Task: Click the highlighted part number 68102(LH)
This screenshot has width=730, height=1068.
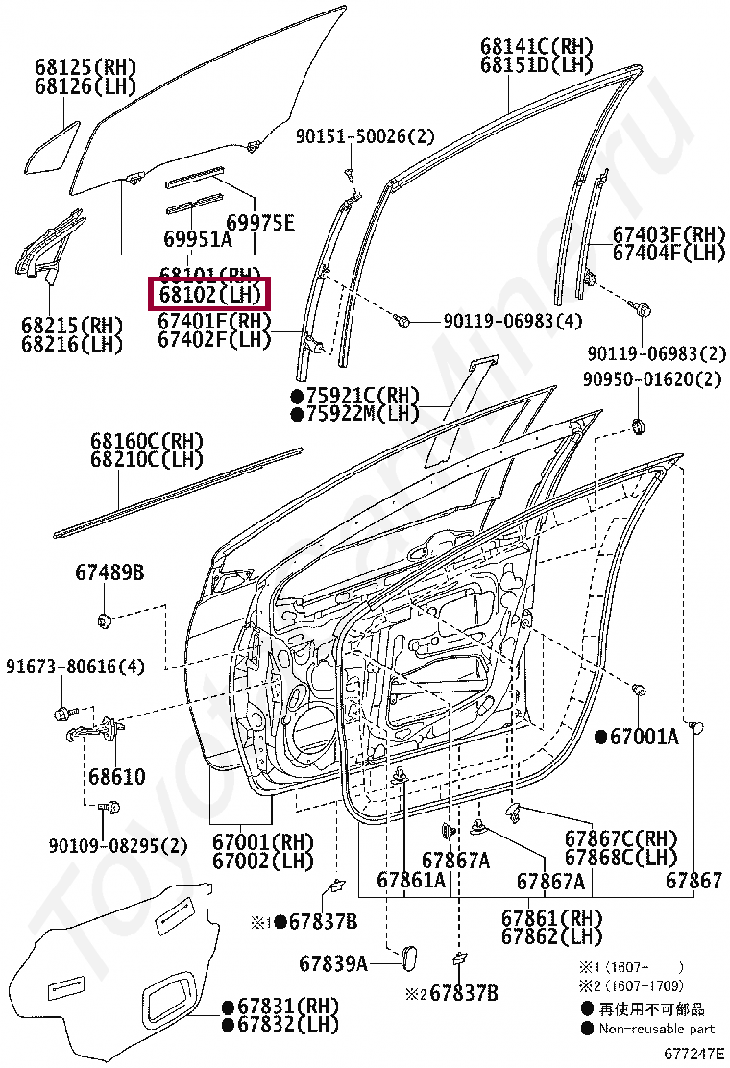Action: (208, 294)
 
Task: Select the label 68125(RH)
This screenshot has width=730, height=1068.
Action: (85, 67)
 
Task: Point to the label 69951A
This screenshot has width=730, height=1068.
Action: (196, 240)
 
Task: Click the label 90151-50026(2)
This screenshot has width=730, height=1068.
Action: (364, 137)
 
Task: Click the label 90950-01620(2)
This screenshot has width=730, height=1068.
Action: (651, 379)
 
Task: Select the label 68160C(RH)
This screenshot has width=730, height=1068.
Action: (147, 441)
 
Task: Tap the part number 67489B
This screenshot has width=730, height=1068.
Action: (109, 573)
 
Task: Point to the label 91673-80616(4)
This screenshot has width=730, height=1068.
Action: (75, 666)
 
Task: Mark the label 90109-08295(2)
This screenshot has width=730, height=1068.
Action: (117, 845)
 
